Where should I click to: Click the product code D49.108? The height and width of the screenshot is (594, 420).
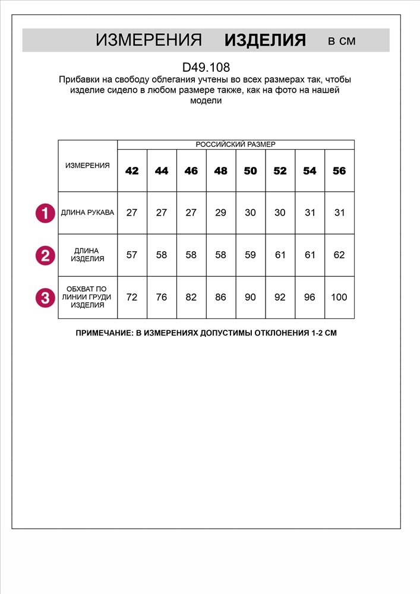coord(206,68)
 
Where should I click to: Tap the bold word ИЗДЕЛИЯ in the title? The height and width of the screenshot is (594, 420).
coord(265,40)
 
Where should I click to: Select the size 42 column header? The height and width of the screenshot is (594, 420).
coord(132,171)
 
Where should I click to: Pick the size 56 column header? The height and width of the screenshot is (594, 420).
coord(339,171)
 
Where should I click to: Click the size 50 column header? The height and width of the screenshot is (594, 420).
coord(250,171)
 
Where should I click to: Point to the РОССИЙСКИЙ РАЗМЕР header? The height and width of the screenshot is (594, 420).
coord(236,144)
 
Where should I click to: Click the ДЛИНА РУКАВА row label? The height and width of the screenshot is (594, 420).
coord(87,213)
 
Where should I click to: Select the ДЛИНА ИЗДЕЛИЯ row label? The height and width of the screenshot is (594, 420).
coord(87,255)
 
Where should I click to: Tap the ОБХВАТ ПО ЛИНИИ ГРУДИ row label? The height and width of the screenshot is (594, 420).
coord(87,297)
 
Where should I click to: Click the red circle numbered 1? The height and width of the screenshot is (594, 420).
coord(45,213)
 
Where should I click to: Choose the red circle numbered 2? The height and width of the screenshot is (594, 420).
coord(45,255)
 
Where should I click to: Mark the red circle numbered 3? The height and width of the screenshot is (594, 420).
coord(45,298)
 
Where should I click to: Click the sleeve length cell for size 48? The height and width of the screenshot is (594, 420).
coord(220,213)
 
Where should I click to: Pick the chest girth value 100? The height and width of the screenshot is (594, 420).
coord(339,297)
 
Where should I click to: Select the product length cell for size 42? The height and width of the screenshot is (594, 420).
coord(132,255)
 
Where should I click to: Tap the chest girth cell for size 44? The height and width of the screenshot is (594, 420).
coord(162,297)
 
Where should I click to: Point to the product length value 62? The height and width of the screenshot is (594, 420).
coord(339,255)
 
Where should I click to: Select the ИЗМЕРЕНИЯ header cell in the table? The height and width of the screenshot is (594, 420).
coord(87,166)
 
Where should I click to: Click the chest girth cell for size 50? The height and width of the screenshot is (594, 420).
coord(250,297)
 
